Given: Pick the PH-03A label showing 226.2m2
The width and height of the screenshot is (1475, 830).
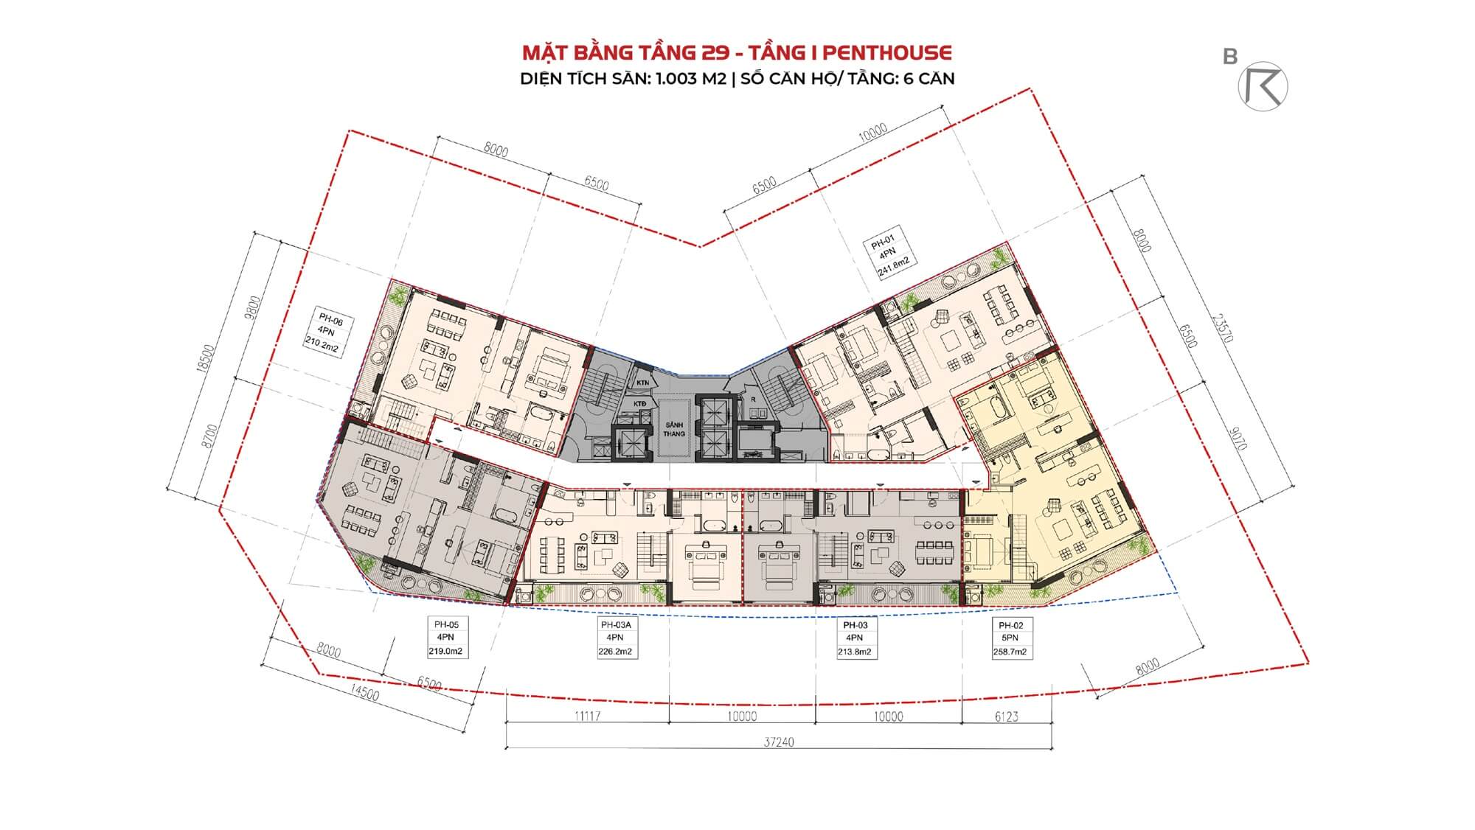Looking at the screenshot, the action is [x=615, y=638].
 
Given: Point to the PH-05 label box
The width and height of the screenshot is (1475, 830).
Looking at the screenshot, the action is [x=447, y=638].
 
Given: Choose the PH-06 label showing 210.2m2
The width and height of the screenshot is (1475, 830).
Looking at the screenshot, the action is [x=324, y=333].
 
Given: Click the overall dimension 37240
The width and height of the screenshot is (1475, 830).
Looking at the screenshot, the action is [x=779, y=742].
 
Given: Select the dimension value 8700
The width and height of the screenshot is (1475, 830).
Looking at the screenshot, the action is [x=212, y=437].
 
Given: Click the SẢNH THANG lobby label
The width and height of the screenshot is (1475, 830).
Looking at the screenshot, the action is [x=674, y=430].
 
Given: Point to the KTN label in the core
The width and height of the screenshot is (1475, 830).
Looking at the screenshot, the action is [x=642, y=383].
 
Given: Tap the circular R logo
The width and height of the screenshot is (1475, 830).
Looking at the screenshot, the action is [x=1263, y=86].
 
